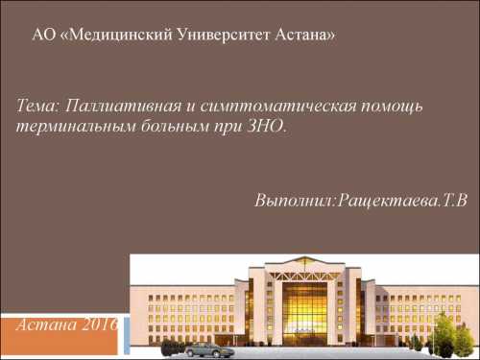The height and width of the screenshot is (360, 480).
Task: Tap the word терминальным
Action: click(x=69, y=126)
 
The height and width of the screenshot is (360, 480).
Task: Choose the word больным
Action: click(x=169, y=126)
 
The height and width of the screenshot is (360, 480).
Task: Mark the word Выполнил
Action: click(x=293, y=203)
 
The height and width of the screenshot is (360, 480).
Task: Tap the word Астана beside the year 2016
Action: click(x=48, y=324)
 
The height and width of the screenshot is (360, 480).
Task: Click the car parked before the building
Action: click(x=209, y=348)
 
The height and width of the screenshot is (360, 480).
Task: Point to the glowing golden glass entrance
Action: click(x=305, y=312)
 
